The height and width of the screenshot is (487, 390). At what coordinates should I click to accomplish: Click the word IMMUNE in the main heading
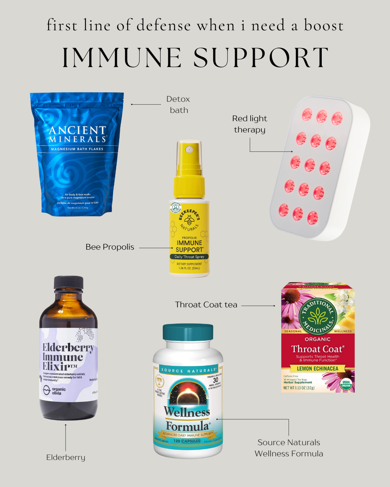(x=122, y=58)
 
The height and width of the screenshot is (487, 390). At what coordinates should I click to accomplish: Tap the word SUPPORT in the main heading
(x=261, y=58)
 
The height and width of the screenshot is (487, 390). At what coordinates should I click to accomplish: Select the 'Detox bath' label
(x=179, y=104)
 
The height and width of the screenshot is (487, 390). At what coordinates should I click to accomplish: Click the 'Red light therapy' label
(x=250, y=124)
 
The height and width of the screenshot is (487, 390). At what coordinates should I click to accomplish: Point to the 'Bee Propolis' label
(x=110, y=247)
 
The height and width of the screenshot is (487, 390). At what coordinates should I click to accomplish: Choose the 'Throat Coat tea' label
(x=206, y=305)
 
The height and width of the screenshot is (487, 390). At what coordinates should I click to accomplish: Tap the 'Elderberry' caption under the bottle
(x=66, y=457)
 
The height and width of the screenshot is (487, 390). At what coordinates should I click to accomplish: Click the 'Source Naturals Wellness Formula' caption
(x=289, y=448)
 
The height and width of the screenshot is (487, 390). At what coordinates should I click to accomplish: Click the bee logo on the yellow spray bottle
(x=190, y=221)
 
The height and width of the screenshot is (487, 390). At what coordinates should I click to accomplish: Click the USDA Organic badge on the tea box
(x=346, y=384)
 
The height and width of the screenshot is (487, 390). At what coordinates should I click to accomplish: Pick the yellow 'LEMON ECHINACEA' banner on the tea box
(x=317, y=369)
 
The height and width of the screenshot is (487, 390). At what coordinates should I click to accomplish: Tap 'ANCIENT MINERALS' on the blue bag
(x=77, y=134)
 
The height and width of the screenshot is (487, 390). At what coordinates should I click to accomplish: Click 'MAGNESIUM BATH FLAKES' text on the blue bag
(x=77, y=149)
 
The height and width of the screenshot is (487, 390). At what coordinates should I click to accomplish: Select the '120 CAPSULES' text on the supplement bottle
(x=187, y=441)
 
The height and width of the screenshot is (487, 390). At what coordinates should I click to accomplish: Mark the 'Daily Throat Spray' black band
(x=189, y=257)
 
